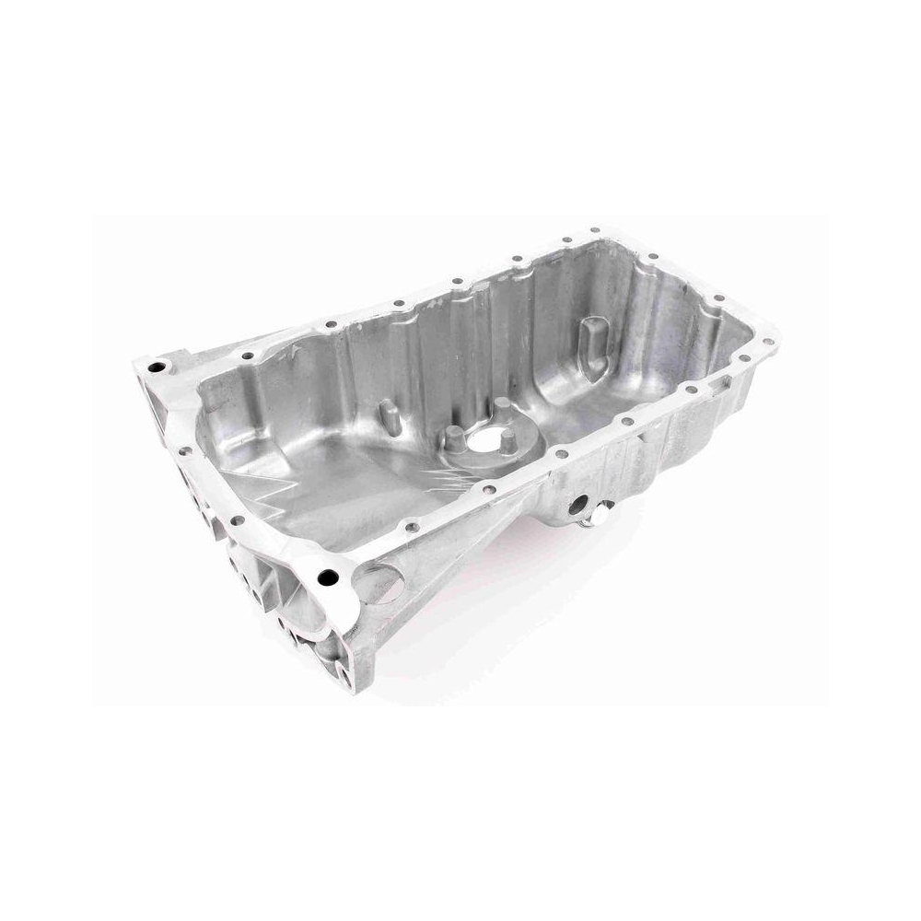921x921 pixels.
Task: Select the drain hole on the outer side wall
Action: point(578,504)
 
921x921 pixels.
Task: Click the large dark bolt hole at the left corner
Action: point(157,367)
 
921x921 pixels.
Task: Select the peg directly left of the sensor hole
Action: point(454,436)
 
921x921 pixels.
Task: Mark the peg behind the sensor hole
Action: point(501,407)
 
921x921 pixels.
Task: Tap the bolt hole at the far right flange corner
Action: point(766,342)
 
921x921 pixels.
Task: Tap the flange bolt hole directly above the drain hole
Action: point(556,453)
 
